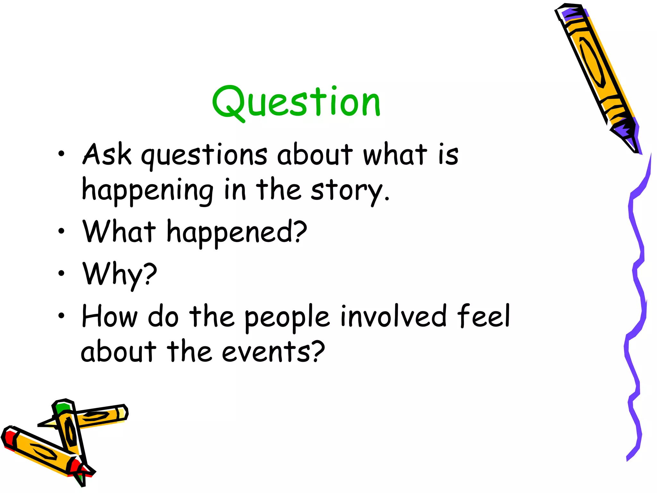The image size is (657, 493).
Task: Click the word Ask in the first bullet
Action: [x=107, y=154]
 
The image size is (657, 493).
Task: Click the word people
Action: [x=287, y=318]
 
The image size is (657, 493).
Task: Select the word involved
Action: [x=393, y=316]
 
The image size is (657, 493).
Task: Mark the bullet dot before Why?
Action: [x=61, y=273]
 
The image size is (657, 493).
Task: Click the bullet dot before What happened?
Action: [x=61, y=230]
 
